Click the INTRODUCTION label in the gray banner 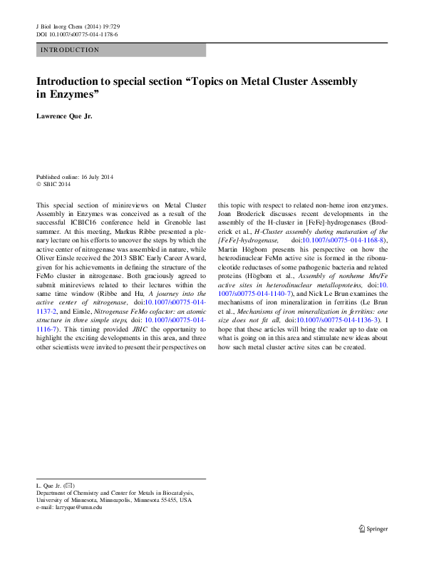[71, 50]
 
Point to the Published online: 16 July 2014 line [75, 177]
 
